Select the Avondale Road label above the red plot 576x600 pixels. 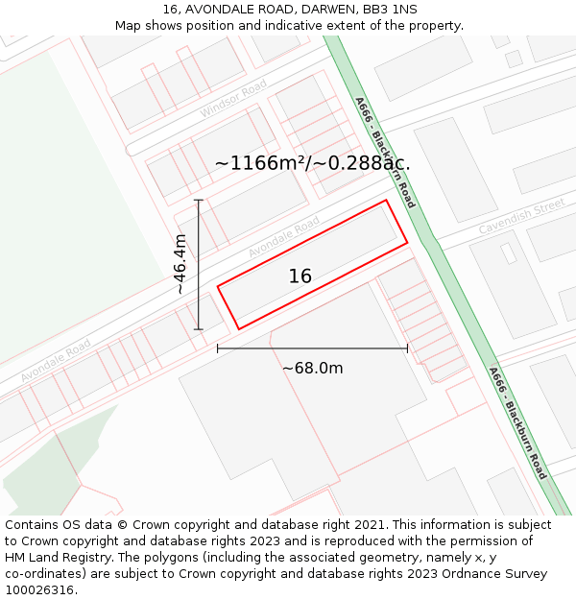(284, 237)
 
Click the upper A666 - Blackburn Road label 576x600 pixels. (385, 152)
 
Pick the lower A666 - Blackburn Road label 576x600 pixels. (517, 422)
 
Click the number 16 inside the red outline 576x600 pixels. (300, 276)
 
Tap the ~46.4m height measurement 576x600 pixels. (180, 265)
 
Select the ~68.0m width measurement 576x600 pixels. (312, 368)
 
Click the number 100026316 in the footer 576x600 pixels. (41, 590)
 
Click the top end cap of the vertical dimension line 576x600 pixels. (199, 200)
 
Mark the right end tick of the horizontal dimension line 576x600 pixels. (407, 348)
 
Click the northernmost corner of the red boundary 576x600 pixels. (386, 201)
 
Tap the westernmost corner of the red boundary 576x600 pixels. (218, 286)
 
